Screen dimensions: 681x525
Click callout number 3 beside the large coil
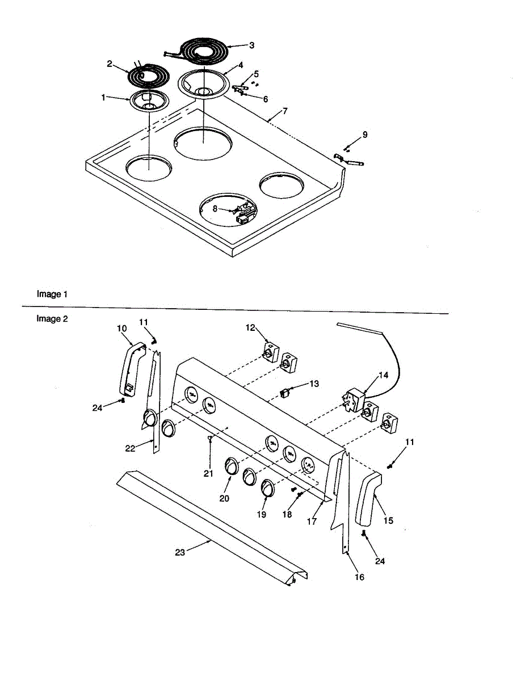[x=251, y=45]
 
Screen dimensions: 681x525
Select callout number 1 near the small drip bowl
[x=103, y=98]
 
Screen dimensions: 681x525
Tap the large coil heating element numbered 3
[x=204, y=51]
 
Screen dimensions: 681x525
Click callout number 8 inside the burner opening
[x=215, y=208]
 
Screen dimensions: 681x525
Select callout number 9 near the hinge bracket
[x=365, y=134]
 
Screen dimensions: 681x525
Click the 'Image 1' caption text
[x=52, y=294]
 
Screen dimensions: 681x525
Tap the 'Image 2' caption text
[x=52, y=318]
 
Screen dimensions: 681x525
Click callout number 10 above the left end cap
[x=121, y=328]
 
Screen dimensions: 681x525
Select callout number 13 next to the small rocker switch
[x=314, y=384]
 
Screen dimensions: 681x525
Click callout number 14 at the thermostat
[x=384, y=375]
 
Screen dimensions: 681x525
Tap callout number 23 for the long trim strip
[x=180, y=552]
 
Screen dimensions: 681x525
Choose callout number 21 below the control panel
[x=208, y=473]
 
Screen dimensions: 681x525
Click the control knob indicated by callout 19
[x=268, y=488]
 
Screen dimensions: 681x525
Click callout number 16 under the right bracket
[x=359, y=577]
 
